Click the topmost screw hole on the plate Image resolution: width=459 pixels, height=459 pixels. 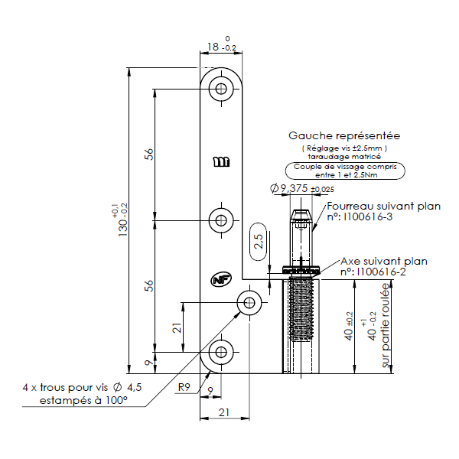pyautogui.click(x=222, y=89)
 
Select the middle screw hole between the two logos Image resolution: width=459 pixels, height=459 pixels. pyautogui.click(x=222, y=221)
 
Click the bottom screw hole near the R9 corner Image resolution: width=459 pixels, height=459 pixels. pyautogui.click(x=222, y=352)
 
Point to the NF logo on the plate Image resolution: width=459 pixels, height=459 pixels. pyautogui.click(x=221, y=280)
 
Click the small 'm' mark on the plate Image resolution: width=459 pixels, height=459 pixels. pyautogui.click(x=221, y=162)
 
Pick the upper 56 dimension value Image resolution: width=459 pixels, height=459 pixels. pyautogui.click(x=150, y=154)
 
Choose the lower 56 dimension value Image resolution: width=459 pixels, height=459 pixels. pyautogui.click(x=150, y=286)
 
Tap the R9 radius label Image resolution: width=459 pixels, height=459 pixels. pyautogui.click(x=184, y=386)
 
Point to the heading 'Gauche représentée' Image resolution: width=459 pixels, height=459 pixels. pyautogui.click(x=343, y=135)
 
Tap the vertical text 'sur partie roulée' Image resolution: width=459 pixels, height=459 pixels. pyautogui.click(x=386, y=327)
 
